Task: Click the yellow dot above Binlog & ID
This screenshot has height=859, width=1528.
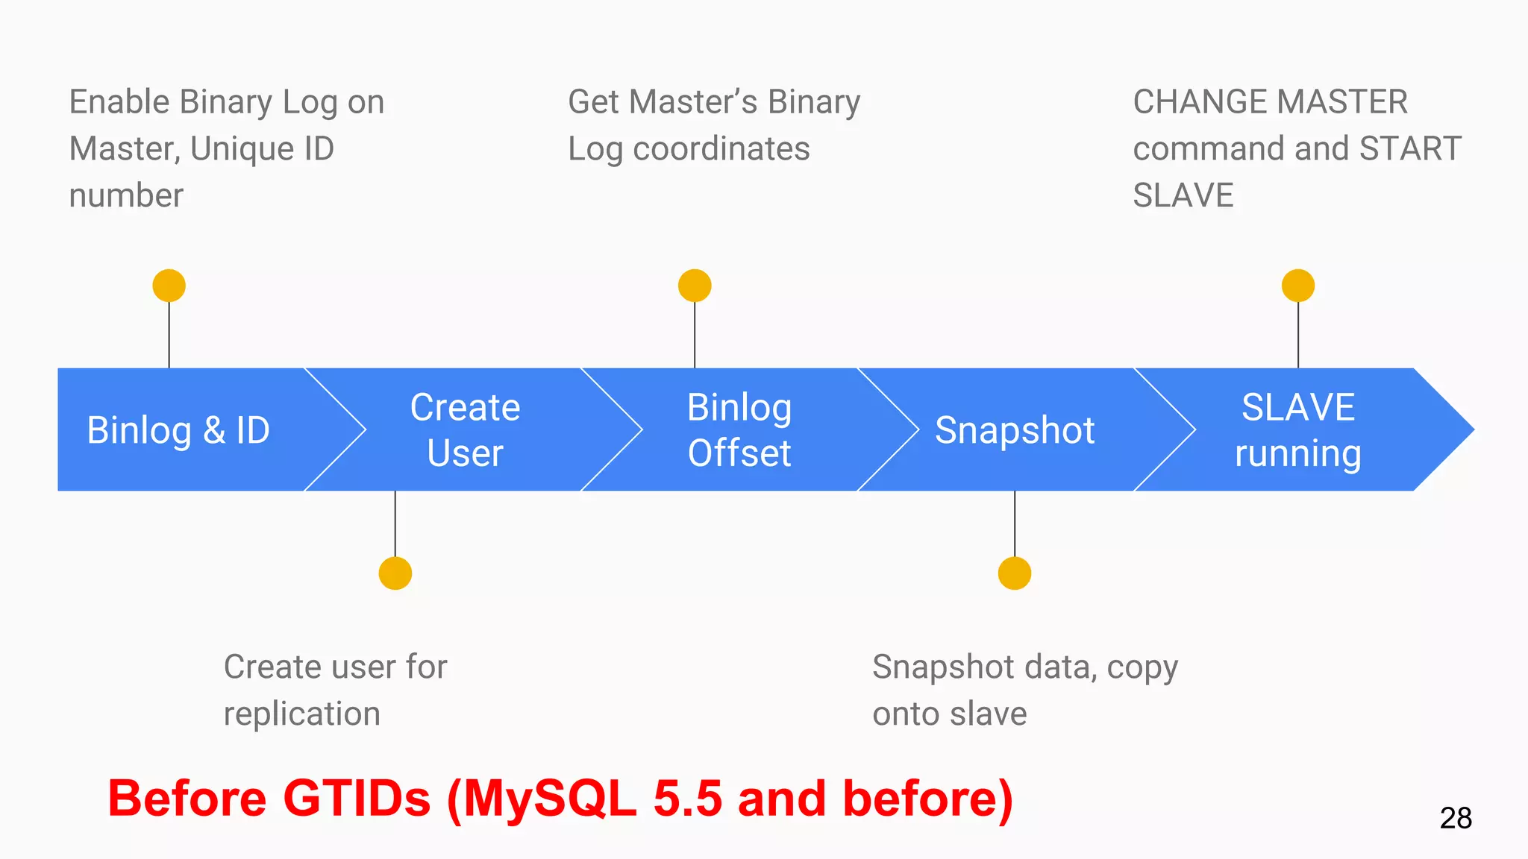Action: click(169, 286)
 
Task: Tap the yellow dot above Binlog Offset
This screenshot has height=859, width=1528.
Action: click(695, 286)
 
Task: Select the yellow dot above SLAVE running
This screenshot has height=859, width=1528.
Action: click(1298, 286)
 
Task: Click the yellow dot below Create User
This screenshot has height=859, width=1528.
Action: click(395, 573)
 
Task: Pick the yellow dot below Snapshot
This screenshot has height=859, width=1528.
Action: click(1015, 573)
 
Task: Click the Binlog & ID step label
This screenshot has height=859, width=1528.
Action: click(178, 430)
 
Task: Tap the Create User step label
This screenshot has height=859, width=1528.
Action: click(466, 430)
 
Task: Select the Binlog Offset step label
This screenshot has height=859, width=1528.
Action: click(739, 430)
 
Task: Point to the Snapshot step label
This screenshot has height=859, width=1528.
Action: click(1015, 430)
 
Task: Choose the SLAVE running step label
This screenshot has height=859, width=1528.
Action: click(1298, 430)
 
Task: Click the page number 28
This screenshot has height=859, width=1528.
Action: click(1456, 818)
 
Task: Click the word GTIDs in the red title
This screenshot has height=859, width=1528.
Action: click(357, 799)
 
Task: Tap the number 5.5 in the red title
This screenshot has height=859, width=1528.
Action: click(687, 799)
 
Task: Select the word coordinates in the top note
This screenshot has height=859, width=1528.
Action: click(721, 149)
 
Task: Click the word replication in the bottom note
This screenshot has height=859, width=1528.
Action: click(302, 714)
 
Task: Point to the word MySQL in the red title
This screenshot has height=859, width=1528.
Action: click(550, 799)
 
